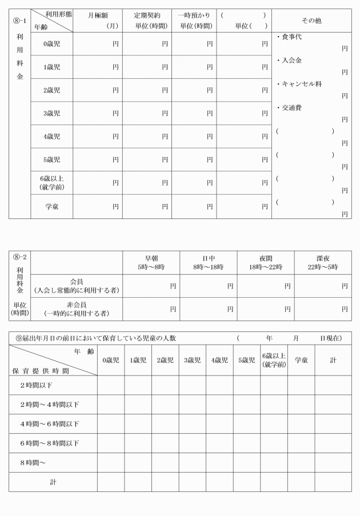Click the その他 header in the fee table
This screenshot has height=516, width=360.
pos(311,20)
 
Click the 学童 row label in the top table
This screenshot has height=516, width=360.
pos(52,206)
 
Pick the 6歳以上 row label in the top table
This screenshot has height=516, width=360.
pos(52,182)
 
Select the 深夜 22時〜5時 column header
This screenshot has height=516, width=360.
pos(323,262)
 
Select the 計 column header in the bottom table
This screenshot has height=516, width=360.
pos(333,361)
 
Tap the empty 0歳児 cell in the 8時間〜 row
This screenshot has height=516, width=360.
pos(110,462)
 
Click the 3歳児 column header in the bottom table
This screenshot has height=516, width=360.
pos(192,361)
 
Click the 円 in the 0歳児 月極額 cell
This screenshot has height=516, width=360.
pos(116,43)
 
